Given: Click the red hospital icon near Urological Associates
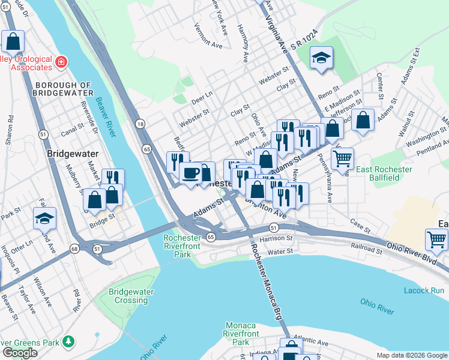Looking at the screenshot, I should point(61,62).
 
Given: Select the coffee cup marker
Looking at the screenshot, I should point(191,173).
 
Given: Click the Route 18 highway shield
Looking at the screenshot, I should point(140,124).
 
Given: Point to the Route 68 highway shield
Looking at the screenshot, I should point(74,248).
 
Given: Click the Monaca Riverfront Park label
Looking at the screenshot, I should point(241,334).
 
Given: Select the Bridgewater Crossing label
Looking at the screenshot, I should point(131,296).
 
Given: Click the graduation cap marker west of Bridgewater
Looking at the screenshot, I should point(44,218).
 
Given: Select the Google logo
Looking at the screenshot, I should point(20,353).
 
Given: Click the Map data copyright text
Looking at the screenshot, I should point(412,355).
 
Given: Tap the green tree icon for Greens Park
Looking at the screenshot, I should point(70,341).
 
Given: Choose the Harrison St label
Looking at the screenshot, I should point(277,238).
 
